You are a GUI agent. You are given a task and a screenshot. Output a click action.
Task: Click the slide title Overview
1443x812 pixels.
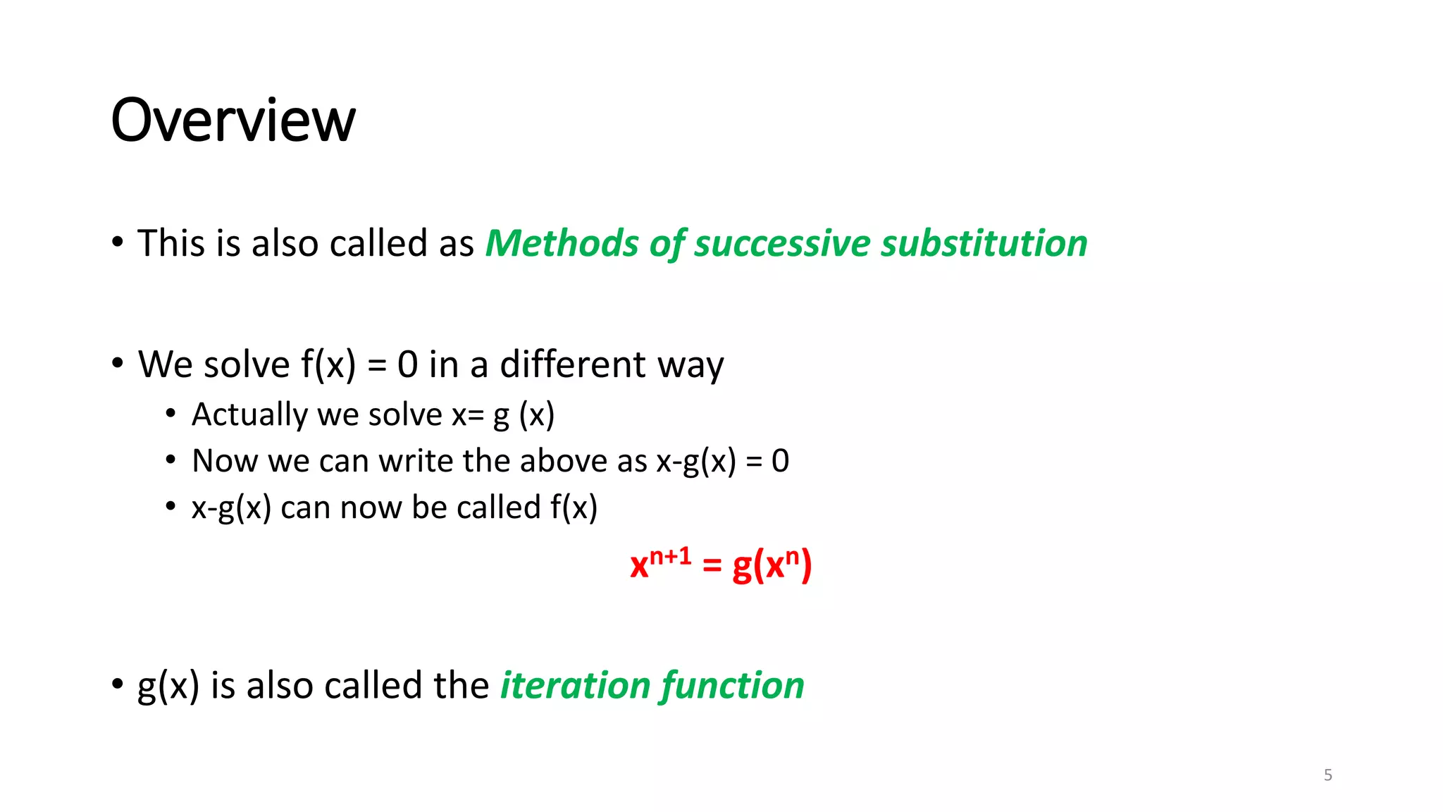233,121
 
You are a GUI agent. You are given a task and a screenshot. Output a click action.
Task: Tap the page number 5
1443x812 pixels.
1327,775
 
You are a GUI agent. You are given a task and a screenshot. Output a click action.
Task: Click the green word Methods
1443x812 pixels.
561,244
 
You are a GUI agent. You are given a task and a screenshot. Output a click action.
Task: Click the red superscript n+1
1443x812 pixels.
670,557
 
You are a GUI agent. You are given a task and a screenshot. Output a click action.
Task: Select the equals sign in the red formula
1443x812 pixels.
712,565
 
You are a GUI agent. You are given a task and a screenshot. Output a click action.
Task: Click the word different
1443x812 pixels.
572,365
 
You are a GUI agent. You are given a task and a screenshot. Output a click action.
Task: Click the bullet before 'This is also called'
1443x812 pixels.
118,243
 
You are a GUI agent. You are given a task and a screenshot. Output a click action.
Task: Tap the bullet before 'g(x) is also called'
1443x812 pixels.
118,684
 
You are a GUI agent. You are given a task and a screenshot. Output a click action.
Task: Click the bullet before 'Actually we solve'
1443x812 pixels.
171,414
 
